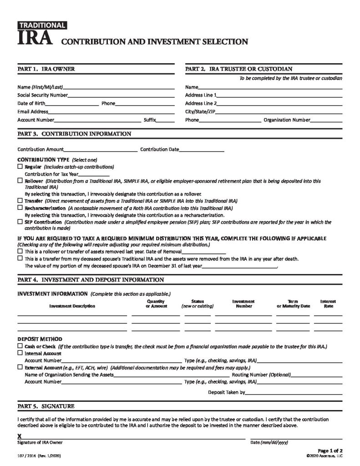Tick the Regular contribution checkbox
[20, 167]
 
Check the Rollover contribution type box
[20, 181]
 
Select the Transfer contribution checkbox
[20, 200]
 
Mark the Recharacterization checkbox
[20, 208]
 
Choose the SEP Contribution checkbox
[20, 222]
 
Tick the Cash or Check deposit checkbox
[20, 346]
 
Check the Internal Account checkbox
[20, 353]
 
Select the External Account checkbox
[20, 367]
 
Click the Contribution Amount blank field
[101, 150]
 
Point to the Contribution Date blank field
[202, 150]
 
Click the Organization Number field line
[326, 121]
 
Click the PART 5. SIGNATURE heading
[46, 406]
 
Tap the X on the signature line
[20, 436]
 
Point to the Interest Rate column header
[328, 304]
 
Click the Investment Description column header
[72, 306]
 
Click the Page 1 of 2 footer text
[330, 451]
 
